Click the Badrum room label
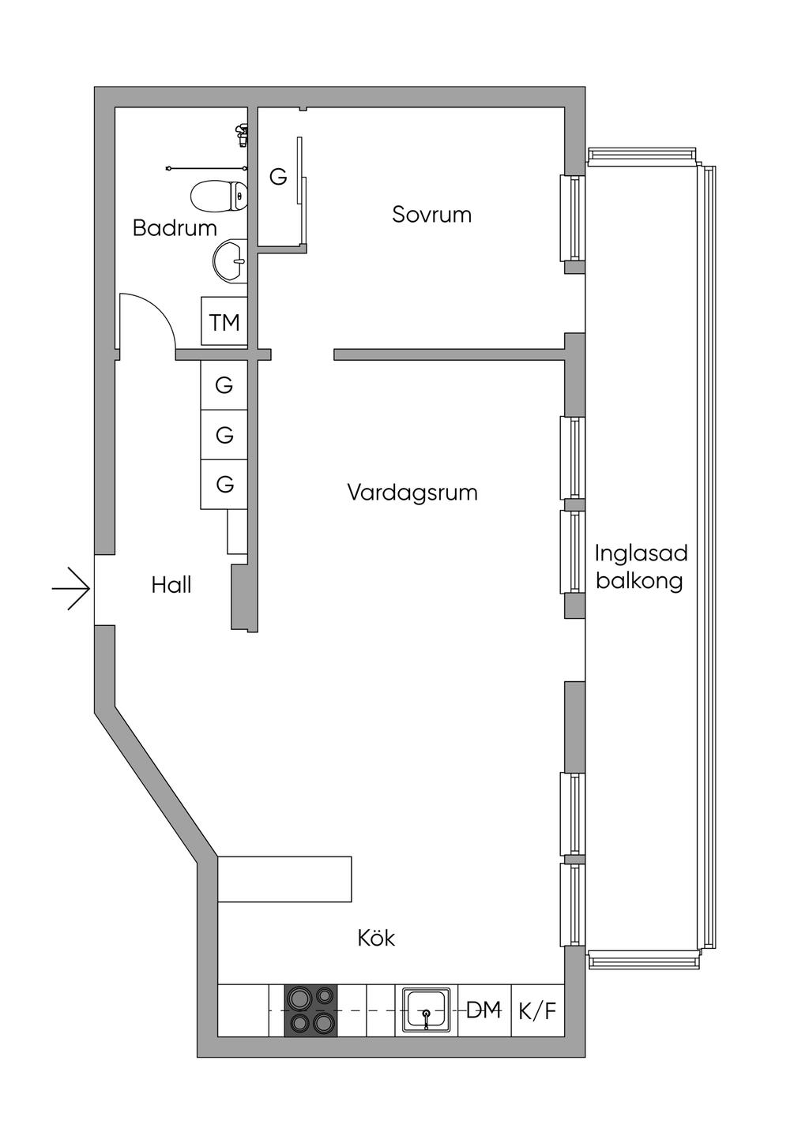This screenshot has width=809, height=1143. (x=175, y=228)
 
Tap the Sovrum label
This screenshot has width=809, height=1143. (x=431, y=215)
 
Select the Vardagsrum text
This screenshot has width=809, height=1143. (x=412, y=493)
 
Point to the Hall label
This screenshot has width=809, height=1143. (x=171, y=586)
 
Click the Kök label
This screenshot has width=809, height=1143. (x=376, y=939)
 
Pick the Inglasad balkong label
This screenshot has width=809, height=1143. (x=641, y=567)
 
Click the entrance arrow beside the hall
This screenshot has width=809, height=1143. (x=72, y=589)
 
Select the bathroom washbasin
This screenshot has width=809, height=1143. (x=230, y=260)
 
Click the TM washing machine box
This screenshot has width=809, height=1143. (x=224, y=321)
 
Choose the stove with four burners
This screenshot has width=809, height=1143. (x=310, y=1010)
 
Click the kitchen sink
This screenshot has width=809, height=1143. (x=427, y=1010)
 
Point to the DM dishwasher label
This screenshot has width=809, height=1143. (x=484, y=1010)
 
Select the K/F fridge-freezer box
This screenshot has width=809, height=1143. (x=538, y=1010)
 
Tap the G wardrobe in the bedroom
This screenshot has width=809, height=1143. (x=277, y=178)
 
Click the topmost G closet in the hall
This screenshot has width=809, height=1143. (x=224, y=385)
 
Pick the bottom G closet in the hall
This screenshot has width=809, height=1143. (x=224, y=484)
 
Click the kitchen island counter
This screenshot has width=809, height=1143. (x=284, y=879)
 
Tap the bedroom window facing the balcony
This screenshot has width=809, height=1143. (x=572, y=218)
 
